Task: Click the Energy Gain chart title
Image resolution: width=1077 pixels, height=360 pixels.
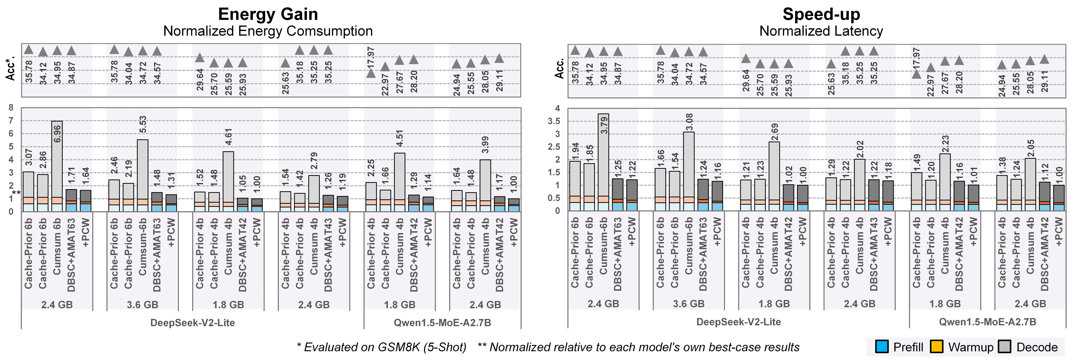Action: tap(268, 14)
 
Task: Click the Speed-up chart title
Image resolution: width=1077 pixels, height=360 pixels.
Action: tap(821, 14)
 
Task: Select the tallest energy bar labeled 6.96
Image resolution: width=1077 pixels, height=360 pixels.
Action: tap(57, 167)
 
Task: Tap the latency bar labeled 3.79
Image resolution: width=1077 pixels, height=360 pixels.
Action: tap(603, 163)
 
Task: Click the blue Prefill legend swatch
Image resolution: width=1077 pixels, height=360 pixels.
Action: tap(882, 347)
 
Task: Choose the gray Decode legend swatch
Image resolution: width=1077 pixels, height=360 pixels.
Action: tap(1004, 347)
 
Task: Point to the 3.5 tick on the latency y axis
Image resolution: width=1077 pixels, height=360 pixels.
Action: tap(554, 121)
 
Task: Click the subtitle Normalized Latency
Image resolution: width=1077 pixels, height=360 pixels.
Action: tap(821, 31)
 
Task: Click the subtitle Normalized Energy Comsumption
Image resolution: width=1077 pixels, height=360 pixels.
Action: tap(268, 31)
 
